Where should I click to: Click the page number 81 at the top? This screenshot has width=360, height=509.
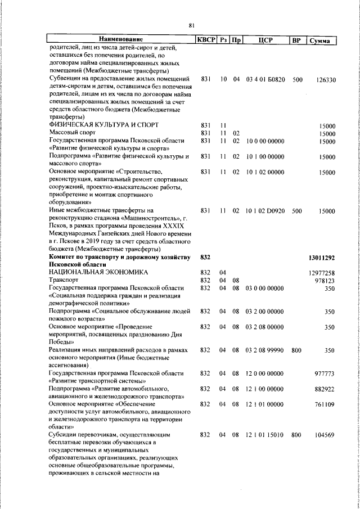pyautogui.click(x=191, y=25)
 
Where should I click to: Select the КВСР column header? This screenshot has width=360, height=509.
pyautogui.click(x=206, y=39)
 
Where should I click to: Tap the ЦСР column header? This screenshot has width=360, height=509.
pyautogui.click(x=265, y=40)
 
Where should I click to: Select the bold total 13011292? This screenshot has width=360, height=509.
pyautogui.click(x=322, y=258)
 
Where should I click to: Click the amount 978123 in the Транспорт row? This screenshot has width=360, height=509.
pyautogui.click(x=325, y=280)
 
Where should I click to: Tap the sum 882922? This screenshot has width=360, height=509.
pyautogui.click(x=325, y=389)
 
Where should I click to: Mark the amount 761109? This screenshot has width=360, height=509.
pyautogui.click(x=325, y=404)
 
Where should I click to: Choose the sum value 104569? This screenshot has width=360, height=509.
pyautogui.click(x=325, y=435)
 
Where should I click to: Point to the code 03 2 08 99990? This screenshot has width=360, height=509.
pyautogui.click(x=265, y=350)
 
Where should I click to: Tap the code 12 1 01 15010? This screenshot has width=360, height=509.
pyautogui.click(x=265, y=435)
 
